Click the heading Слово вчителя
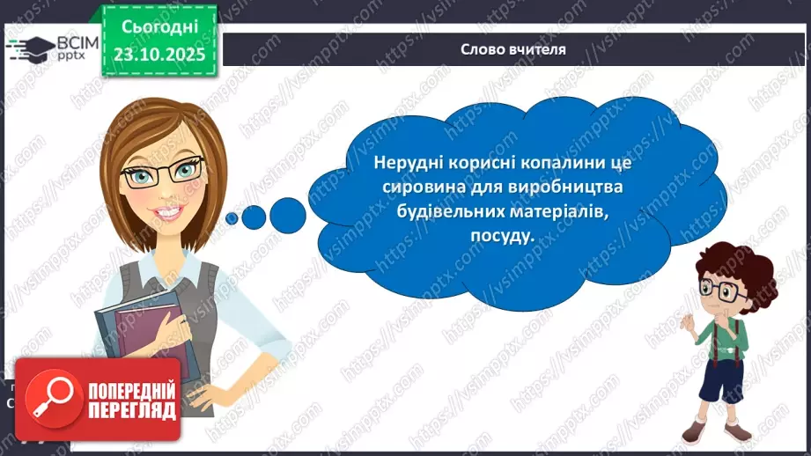click(x=513, y=49)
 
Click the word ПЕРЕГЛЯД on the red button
click(x=131, y=410)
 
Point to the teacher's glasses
click(x=165, y=173)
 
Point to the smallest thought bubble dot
click(x=231, y=217)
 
